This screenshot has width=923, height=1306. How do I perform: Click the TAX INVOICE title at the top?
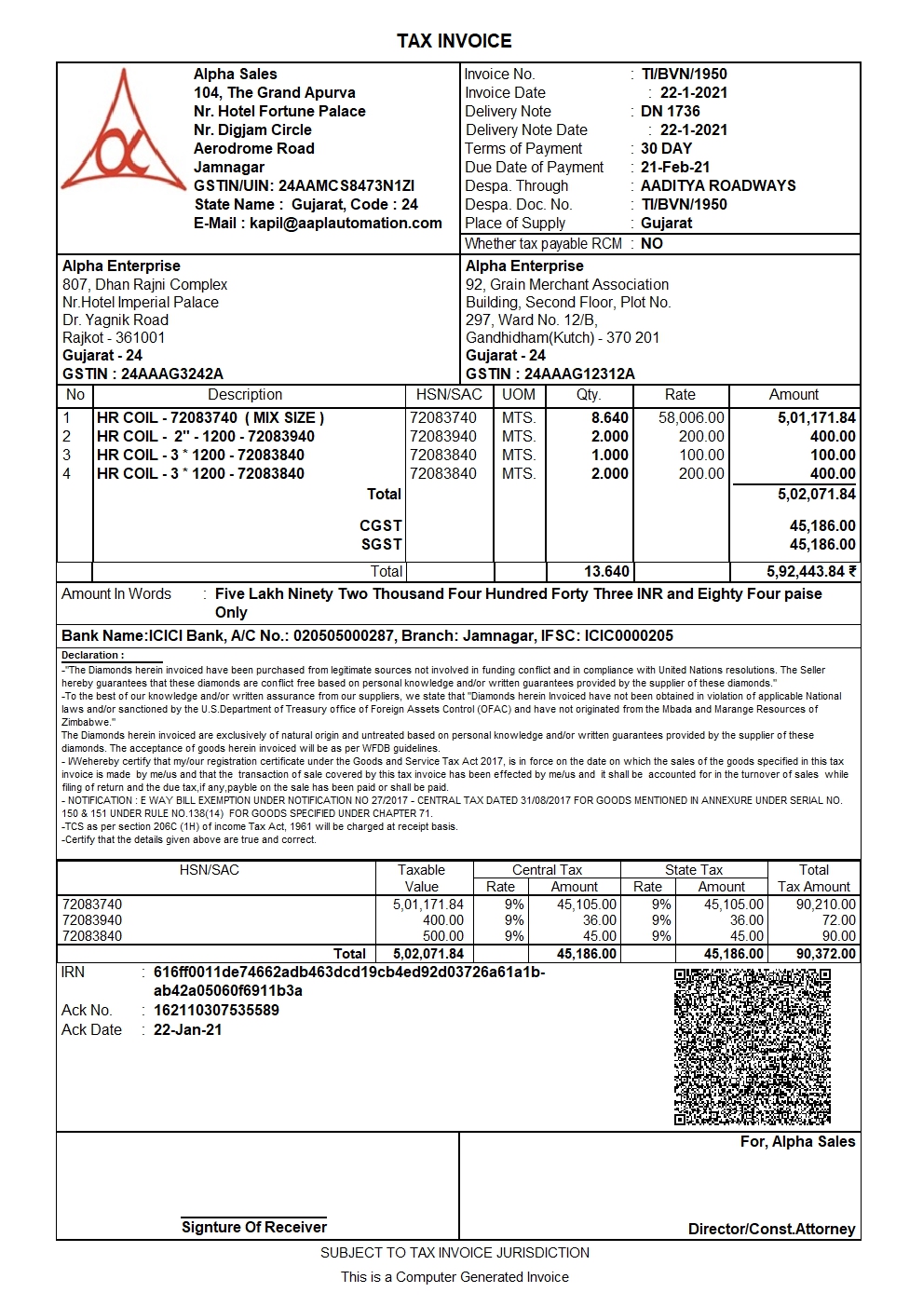point(454,41)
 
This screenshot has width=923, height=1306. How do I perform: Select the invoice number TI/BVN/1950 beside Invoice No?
point(684,75)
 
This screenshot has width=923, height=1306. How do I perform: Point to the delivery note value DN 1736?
point(670,112)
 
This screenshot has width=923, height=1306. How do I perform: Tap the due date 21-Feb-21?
point(674,168)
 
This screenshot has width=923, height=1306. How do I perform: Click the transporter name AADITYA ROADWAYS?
point(717,186)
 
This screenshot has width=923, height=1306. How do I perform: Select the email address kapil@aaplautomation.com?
point(346,224)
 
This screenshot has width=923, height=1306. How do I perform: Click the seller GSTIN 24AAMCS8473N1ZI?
point(346,186)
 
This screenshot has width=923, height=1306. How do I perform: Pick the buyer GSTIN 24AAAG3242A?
point(172,374)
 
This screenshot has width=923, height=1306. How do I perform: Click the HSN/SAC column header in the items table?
point(449,395)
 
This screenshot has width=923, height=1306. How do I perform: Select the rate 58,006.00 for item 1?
point(691,418)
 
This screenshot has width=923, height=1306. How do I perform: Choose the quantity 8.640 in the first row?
point(610,418)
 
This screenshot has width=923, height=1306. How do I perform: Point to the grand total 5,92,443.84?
point(806,572)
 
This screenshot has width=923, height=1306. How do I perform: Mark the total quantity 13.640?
point(606,572)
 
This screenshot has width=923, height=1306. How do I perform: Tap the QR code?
point(752,1046)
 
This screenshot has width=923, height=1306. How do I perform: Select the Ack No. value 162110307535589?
point(216,1011)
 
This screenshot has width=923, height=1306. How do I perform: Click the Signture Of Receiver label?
point(253,1228)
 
